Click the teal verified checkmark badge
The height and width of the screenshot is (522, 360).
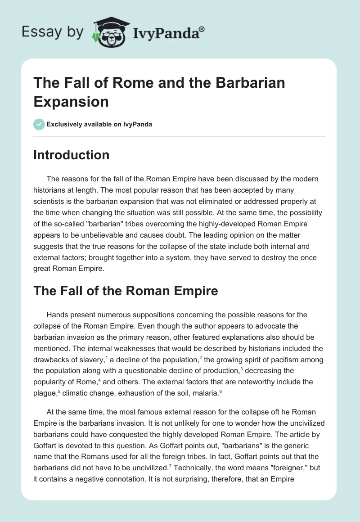pos(39,124)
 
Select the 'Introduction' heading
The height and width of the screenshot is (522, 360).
pos(72,155)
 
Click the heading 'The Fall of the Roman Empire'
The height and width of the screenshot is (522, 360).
pos(126,291)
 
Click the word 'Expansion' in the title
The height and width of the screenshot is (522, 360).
pos(71,101)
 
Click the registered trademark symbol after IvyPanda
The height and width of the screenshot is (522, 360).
pos(202,29)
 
